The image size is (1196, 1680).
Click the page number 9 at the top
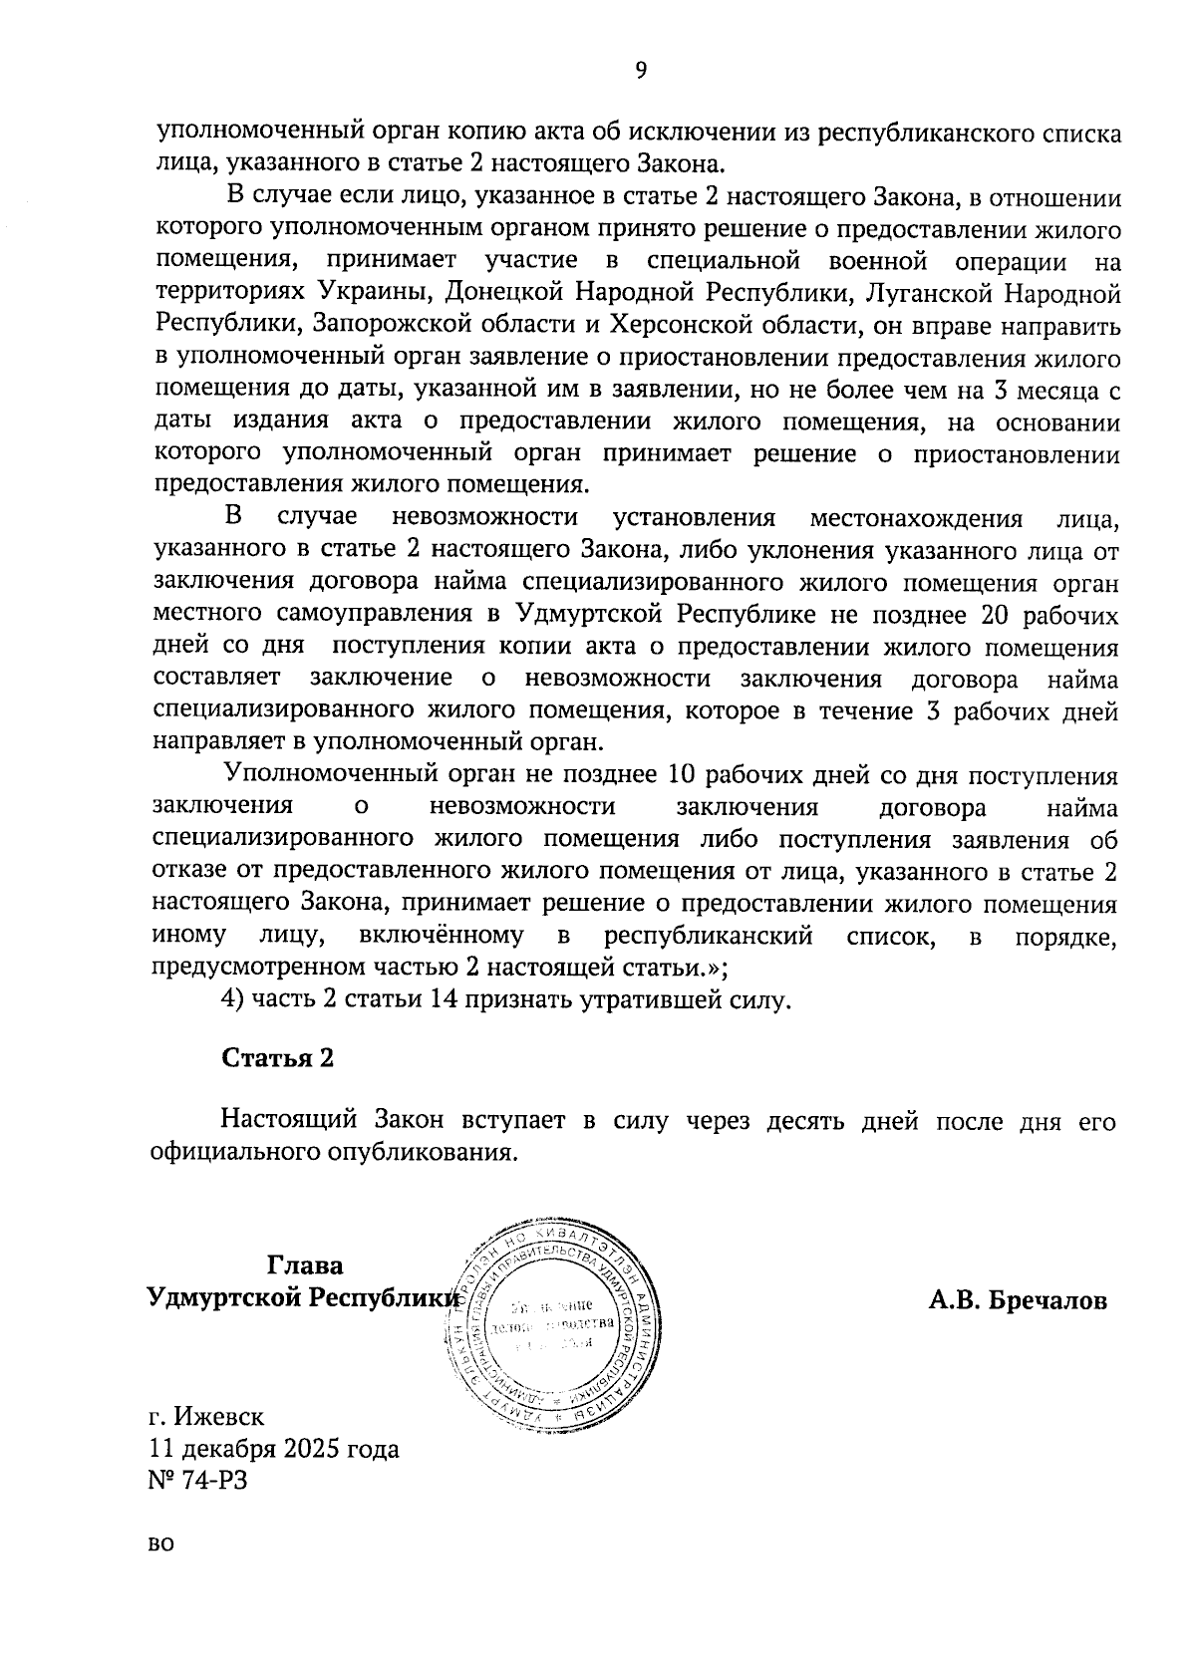(641, 69)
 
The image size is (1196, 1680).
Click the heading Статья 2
(277, 1057)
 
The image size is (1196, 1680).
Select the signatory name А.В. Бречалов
(1018, 1299)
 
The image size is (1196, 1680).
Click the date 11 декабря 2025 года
(274, 1447)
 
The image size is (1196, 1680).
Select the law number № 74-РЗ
(196, 1479)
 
